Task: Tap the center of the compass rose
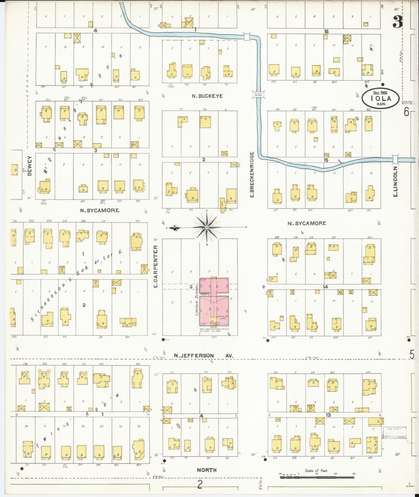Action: click(207, 228)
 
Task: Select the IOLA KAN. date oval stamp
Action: click(381, 98)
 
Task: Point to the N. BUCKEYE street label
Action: click(207, 96)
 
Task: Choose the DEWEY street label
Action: click(29, 166)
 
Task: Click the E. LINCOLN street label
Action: click(396, 182)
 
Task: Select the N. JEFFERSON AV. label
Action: click(203, 356)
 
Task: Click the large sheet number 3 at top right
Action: click(397, 21)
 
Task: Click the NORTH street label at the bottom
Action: click(207, 470)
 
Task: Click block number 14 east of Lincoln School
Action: click(325, 287)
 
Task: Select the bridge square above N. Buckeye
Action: click(247, 36)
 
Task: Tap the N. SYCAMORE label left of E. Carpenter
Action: click(99, 210)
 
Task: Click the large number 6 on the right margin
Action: click(407, 112)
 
